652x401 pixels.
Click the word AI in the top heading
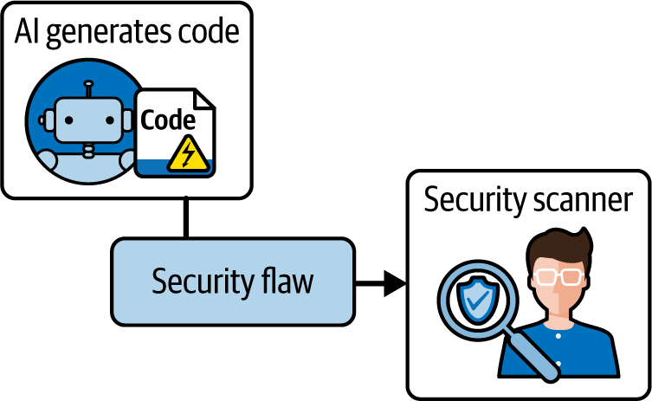[x=27, y=34]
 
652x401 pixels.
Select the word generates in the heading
[x=101, y=36]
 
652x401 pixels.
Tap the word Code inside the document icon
[x=168, y=120]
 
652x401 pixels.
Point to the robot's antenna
[x=87, y=89]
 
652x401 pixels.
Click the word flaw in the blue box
[x=288, y=281]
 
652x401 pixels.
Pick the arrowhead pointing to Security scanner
[x=395, y=281]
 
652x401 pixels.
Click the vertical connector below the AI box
[x=184, y=217]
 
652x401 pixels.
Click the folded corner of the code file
[x=206, y=97]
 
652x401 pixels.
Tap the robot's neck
[x=87, y=148]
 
